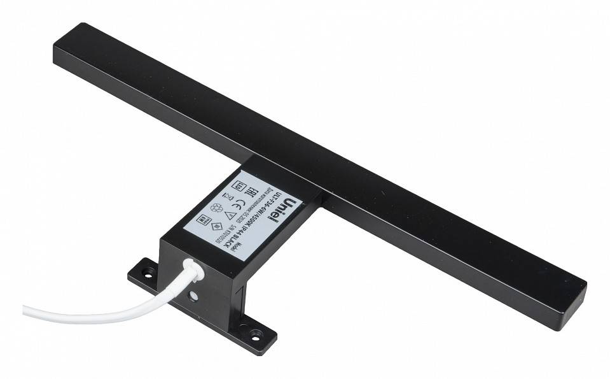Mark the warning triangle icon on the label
click(x=230, y=215)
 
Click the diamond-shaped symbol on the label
click(x=216, y=225)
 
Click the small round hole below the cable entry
click(x=192, y=296)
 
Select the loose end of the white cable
click(x=27, y=310)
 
